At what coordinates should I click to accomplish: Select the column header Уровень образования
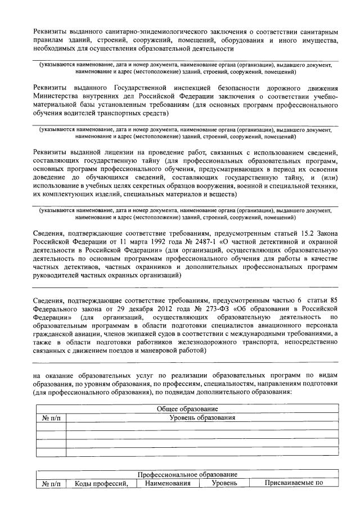(x=202, y=418)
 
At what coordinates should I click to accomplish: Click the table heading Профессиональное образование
(x=187, y=475)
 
